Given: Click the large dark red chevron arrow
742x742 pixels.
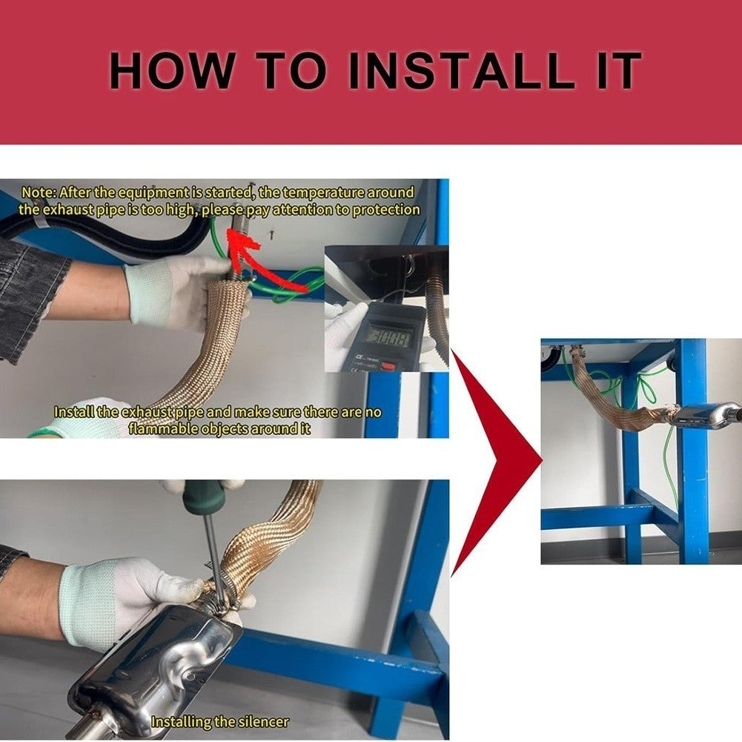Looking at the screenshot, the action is coord(497,461).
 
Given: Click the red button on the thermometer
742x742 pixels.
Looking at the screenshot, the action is coord(388,365).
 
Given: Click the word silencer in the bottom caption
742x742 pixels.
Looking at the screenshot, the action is coord(262,722).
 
